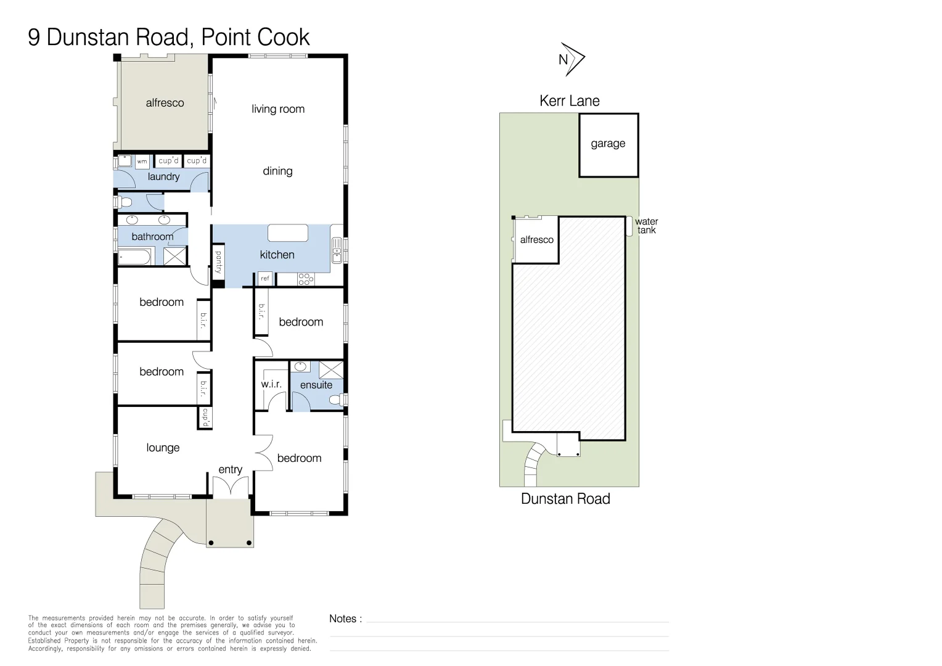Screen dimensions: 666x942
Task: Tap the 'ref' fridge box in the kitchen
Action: point(265,279)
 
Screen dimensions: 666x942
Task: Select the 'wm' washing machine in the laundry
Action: point(142,162)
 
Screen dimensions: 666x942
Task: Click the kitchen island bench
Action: point(287,232)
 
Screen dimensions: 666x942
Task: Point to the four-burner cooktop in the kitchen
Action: point(306,279)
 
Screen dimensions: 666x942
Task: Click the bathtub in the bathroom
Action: point(134,257)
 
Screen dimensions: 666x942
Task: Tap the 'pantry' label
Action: point(218,262)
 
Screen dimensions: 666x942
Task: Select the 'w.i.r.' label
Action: point(271,384)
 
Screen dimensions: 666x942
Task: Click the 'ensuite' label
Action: point(316,385)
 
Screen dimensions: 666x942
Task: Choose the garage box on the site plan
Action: point(608,145)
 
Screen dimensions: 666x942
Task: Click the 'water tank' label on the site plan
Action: point(646,226)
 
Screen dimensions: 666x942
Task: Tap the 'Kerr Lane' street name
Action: point(569,101)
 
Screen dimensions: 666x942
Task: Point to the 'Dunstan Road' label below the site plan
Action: point(565,499)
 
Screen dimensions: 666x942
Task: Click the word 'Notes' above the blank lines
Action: point(343,619)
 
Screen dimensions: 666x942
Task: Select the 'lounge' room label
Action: point(163,448)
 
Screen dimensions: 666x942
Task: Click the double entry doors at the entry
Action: point(231,487)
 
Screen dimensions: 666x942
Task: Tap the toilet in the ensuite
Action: point(337,400)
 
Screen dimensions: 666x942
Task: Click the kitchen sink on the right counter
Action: point(337,250)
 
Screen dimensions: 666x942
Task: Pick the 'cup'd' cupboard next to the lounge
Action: point(205,417)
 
